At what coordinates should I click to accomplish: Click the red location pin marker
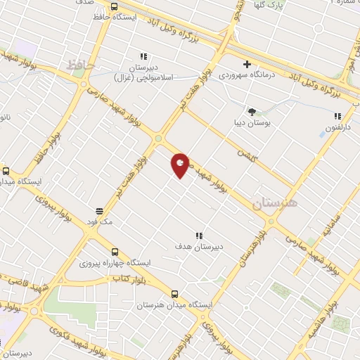[181, 165]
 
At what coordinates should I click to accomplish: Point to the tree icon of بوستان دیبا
[252, 111]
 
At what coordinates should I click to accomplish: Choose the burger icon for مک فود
[100, 210]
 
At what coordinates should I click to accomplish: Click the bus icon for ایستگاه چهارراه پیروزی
[115, 251]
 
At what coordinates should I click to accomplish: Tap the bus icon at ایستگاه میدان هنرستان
[174, 295]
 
